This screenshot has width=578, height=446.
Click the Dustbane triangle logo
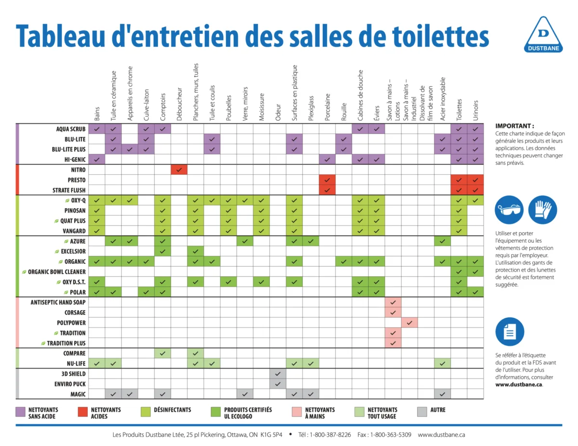[x=542, y=33]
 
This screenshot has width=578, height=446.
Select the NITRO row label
[x=78, y=170]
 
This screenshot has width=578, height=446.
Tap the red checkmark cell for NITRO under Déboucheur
[x=179, y=170]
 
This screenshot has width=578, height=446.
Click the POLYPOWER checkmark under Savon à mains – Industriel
[x=409, y=323]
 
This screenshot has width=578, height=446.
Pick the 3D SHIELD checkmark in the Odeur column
[x=277, y=374]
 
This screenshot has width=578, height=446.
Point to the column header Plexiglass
[x=311, y=106]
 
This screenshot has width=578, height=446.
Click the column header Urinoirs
[x=475, y=110]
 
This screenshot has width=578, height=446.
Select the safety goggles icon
[x=509, y=210]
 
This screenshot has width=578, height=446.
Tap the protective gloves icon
[x=542, y=210]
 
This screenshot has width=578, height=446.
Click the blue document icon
[x=509, y=331]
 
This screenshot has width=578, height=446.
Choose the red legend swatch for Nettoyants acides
[x=82, y=412]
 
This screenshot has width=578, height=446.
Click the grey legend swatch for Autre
[x=422, y=412]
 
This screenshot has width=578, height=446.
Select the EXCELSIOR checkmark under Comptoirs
[x=162, y=251]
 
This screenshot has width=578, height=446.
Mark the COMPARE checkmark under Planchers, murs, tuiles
[x=196, y=354]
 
